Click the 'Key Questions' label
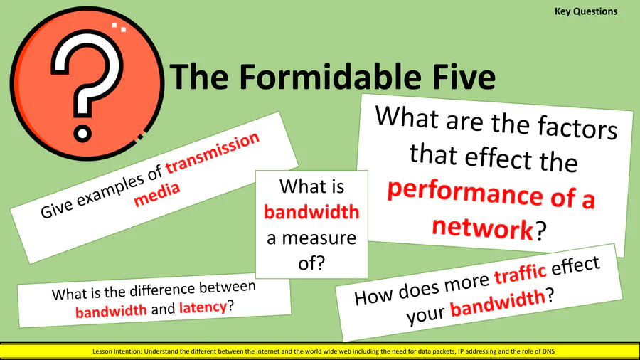[586, 12]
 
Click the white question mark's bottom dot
[82, 133]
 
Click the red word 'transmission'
[212, 153]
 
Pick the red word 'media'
[156, 194]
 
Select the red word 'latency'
[203, 307]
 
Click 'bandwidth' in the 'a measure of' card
[311, 212]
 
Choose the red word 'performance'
[465, 193]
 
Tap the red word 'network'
[482, 228]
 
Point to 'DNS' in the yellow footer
[548, 351]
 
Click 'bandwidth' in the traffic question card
[498, 302]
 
